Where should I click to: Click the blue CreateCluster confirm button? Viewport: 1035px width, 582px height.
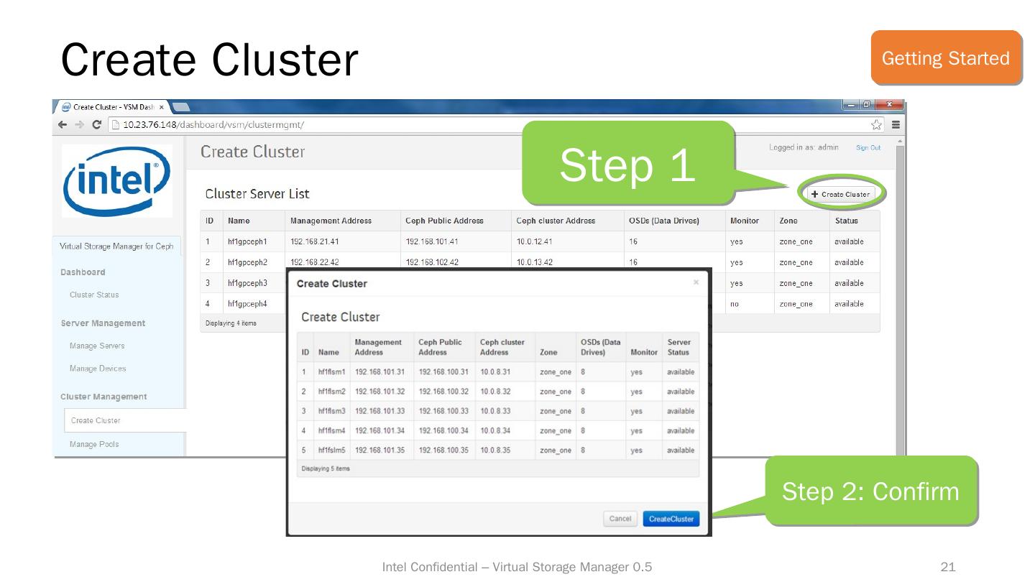coord(671,519)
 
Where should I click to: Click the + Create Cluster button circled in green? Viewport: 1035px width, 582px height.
coord(840,194)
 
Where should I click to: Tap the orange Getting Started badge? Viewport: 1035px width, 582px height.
coord(945,57)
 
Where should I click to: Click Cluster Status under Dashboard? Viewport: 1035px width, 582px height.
coord(94,295)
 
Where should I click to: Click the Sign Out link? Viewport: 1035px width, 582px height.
coord(868,148)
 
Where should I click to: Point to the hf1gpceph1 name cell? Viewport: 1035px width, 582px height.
coord(247,242)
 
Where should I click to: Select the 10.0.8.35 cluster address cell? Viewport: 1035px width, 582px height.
coord(495,451)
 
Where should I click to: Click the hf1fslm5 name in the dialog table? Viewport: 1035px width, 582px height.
coord(332,451)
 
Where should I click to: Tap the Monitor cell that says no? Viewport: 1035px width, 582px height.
coord(735,304)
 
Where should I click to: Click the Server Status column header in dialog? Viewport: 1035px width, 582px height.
coord(678,347)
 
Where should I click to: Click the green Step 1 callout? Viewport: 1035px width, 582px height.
coord(627,165)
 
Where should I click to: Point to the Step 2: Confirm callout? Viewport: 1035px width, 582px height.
coord(870,491)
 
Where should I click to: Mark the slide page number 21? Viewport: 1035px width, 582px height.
coord(948,568)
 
